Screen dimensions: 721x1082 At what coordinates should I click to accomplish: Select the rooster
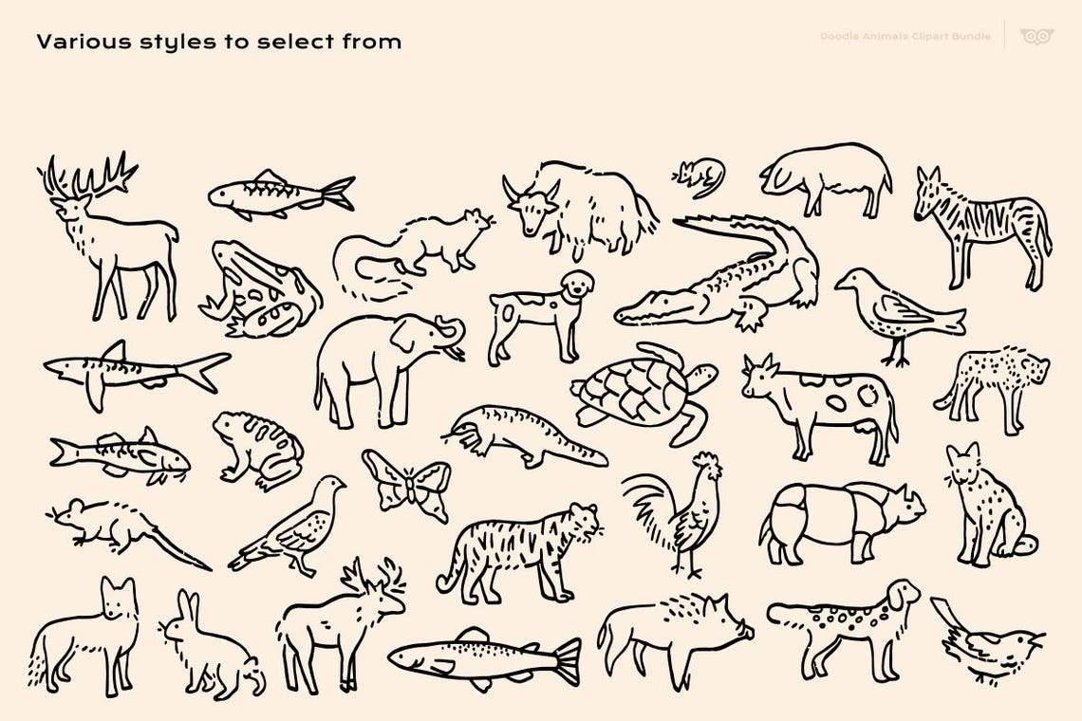pyautogui.click(x=679, y=512)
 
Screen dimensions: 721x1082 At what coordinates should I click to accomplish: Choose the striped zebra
pyautogui.click(x=982, y=228)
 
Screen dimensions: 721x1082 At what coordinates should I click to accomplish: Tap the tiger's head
pyautogui.click(x=579, y=522)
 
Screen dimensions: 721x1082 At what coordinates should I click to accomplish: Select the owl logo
pyautogui.click(x=1035, y=37)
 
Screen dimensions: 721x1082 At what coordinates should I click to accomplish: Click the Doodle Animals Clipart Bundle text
pyautogui.click(x=905, y=37)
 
